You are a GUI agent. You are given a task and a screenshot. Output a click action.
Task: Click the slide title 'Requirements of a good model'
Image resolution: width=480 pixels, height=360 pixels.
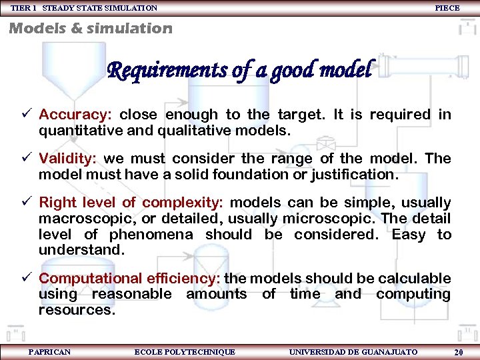[241, 69]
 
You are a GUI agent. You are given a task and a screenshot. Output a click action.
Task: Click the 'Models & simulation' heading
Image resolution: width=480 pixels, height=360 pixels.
[90, 28]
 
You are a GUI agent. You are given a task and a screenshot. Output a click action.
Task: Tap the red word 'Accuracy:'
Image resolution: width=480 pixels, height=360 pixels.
[75, 115]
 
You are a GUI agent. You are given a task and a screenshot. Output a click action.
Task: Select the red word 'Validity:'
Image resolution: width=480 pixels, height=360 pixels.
[67, 159]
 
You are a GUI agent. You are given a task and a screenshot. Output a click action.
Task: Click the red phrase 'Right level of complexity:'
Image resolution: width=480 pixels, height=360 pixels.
[131, 203]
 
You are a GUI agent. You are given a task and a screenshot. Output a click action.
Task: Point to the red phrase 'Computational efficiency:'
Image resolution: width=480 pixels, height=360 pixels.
[130, 279]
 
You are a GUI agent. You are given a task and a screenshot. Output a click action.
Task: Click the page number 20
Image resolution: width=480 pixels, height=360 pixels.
[458, 352]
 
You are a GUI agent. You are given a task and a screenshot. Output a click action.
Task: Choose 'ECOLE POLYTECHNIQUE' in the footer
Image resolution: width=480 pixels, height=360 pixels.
[185, 351]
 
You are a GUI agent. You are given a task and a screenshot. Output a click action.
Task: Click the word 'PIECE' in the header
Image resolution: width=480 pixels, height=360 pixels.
[447, 7]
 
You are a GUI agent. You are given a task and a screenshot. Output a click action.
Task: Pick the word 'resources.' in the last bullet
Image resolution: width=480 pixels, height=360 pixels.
[77, 310]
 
